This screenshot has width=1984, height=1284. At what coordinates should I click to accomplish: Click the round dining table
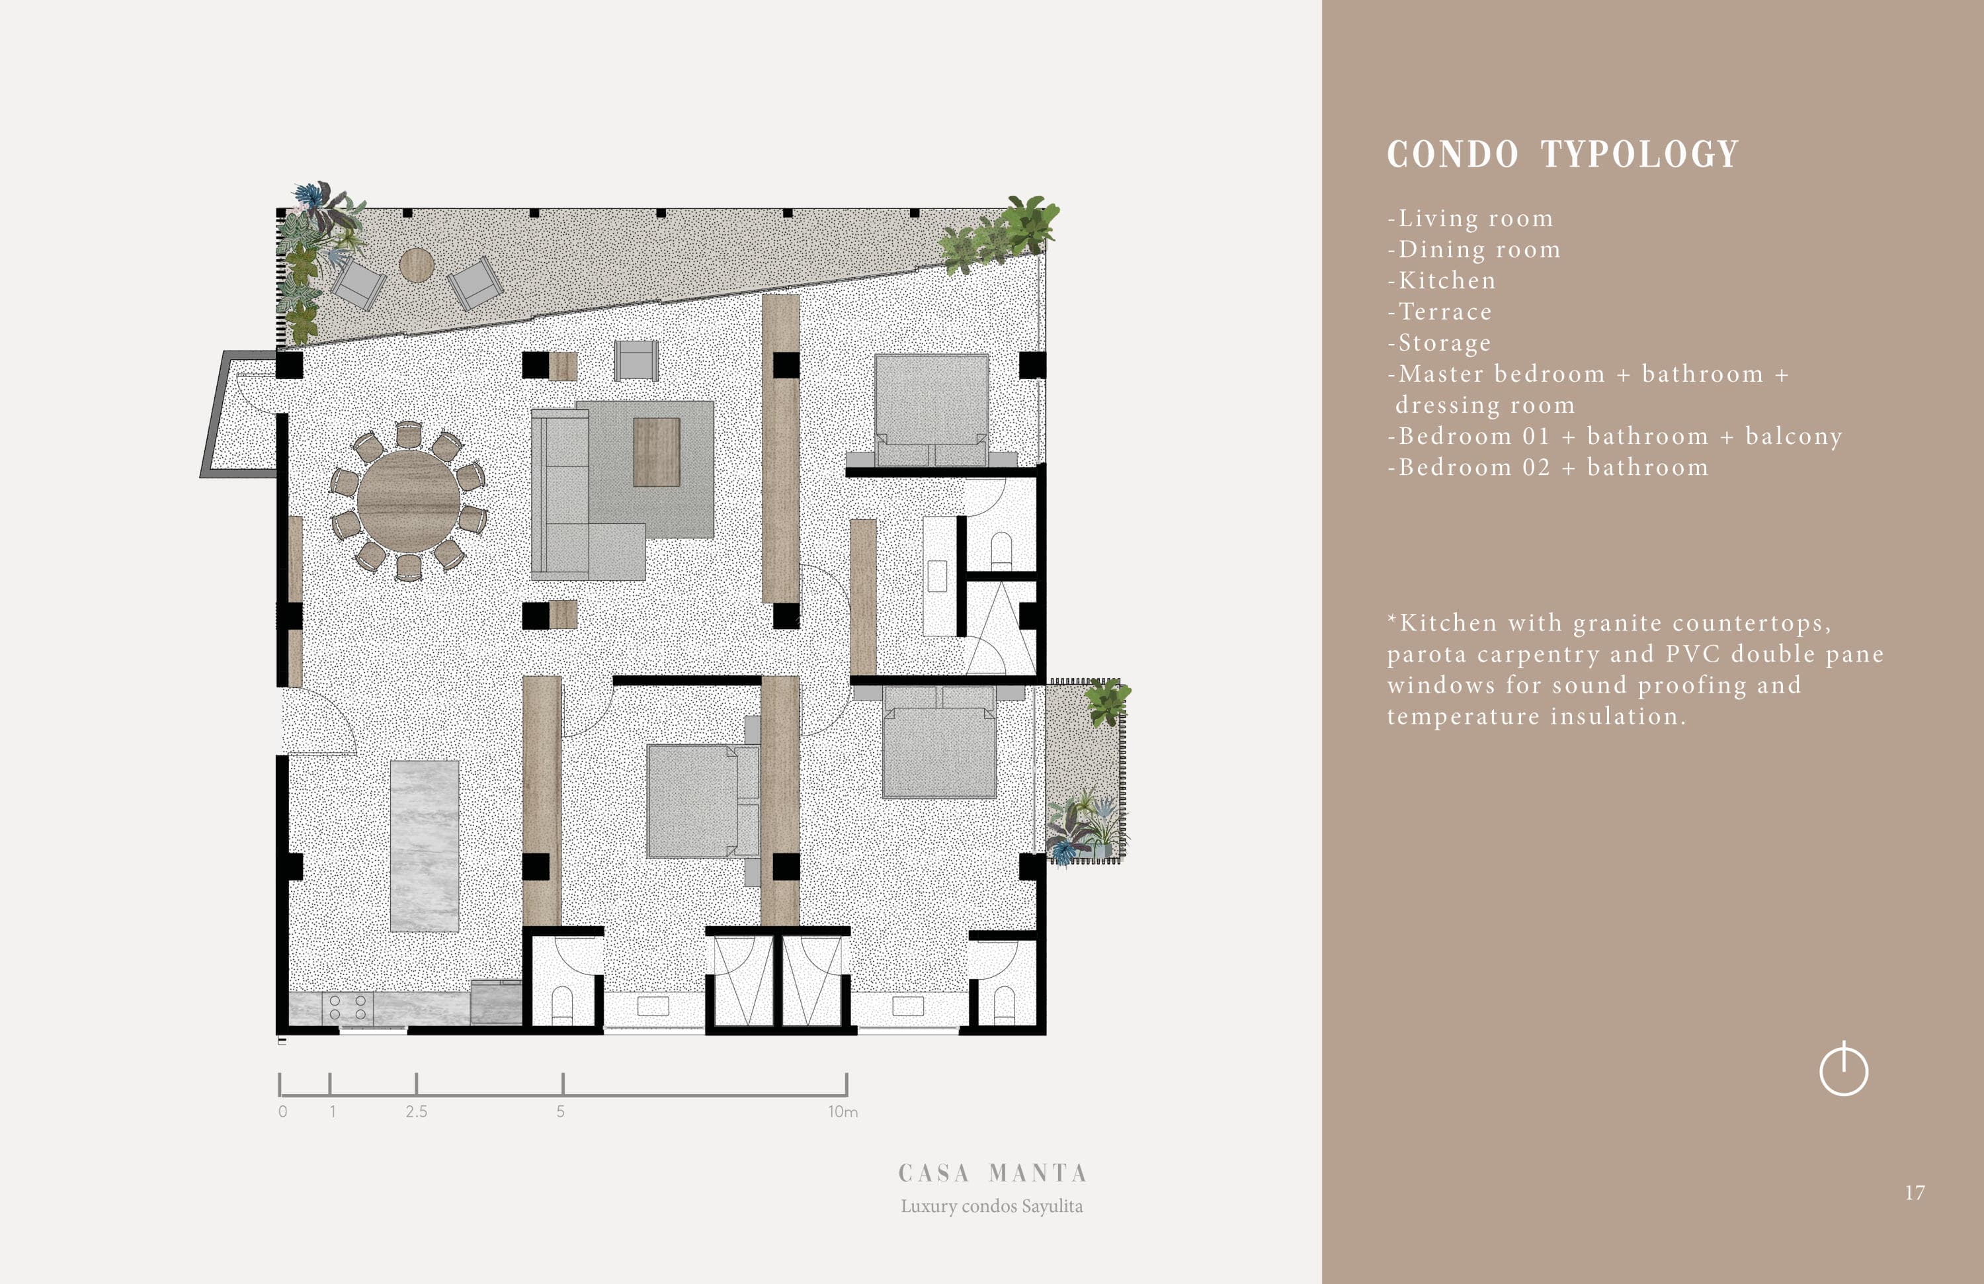pos(409,501)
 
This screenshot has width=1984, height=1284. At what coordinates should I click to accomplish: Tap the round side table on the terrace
pos(417,265)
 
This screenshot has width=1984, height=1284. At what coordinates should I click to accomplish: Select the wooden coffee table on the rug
pos(657,452)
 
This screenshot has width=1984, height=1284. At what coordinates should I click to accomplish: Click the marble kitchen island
pos(425,845)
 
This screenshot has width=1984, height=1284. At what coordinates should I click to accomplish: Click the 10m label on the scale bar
pos(843,1111)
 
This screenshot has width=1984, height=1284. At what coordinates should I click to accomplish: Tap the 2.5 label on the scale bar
pos(417,1111)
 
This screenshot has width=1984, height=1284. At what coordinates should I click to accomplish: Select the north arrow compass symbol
pos(1844,1069)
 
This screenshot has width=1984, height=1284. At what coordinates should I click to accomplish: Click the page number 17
pos(1915,1192)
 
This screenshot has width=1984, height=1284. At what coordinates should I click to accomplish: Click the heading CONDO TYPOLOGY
pos(1563,154)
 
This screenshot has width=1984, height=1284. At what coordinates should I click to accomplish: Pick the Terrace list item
pos(1440,312)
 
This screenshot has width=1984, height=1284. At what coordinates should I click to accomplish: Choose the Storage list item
pos(1440,343)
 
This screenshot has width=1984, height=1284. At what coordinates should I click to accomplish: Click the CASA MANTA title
pos(992,1173)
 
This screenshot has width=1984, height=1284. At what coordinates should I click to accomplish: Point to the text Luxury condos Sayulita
pos(992,1207)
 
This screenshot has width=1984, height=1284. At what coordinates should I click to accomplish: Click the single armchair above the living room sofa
pos(636,360)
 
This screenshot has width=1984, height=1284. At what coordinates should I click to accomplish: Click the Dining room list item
pos(1474,249)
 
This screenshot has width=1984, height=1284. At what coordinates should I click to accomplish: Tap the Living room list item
pos(1471,218)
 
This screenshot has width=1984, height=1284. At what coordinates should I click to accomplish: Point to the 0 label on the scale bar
pos(282,1111)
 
